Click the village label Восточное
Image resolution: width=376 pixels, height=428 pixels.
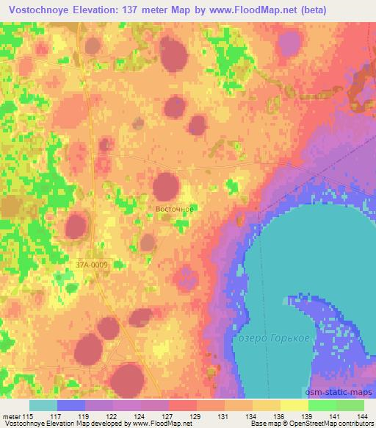[x=175, y=209]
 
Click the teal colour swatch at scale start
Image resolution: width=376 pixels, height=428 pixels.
[x=43, y=405]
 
